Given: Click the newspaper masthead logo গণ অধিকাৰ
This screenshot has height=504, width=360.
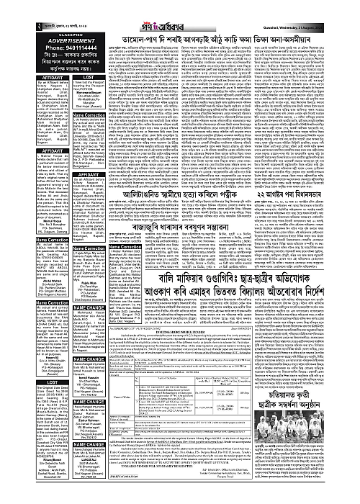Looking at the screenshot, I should pos(180,9).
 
